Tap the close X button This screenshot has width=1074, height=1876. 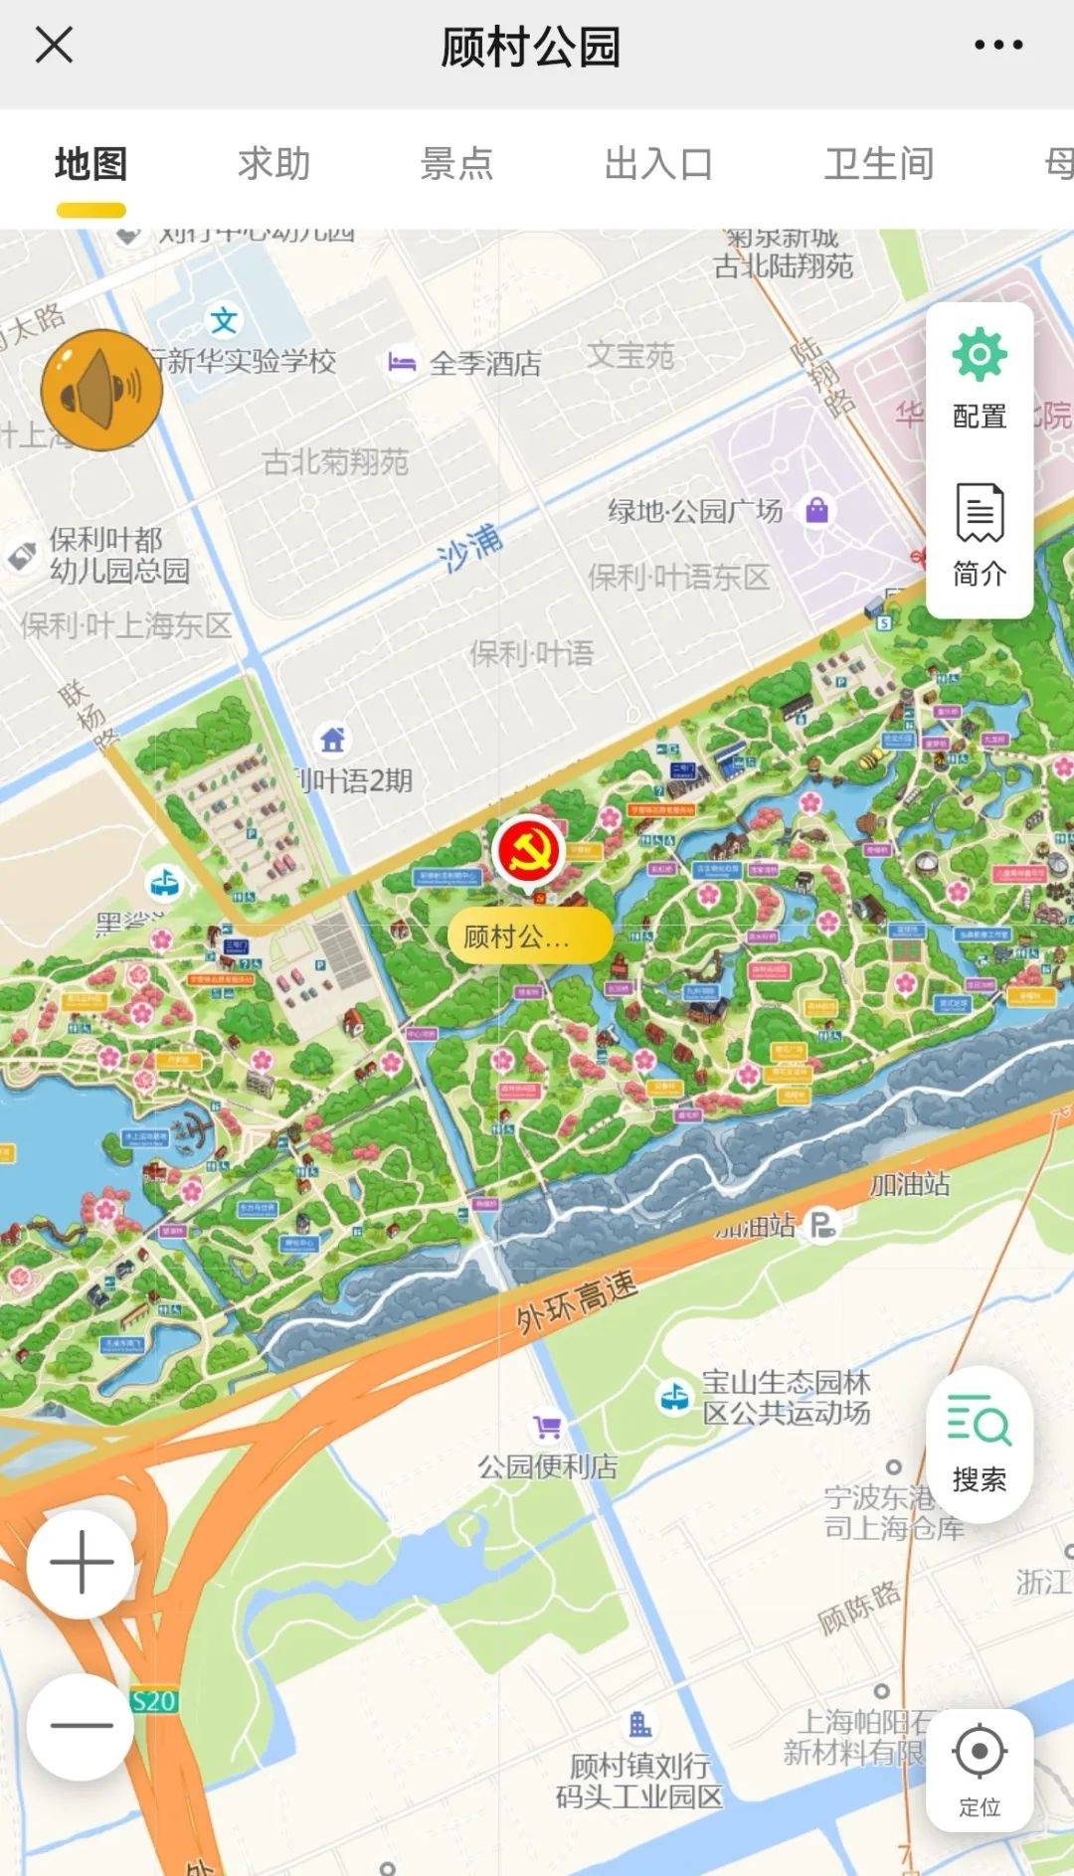54,45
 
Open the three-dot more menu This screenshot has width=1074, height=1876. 997,45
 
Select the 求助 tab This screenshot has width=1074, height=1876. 273,164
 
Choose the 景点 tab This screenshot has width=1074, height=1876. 456,164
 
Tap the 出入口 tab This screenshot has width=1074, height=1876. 658,164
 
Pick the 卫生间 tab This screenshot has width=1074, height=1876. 879,164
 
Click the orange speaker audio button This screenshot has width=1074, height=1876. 100,390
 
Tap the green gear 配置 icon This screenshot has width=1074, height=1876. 980,355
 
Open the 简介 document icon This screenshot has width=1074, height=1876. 980,513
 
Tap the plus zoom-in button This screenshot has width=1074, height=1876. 82,1563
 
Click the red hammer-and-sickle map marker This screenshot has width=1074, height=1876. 528,850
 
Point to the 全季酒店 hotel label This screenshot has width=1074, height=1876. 485,363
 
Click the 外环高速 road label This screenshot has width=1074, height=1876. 576,1301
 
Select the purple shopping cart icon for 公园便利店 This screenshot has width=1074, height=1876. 546,1428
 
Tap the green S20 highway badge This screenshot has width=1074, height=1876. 154,1701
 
